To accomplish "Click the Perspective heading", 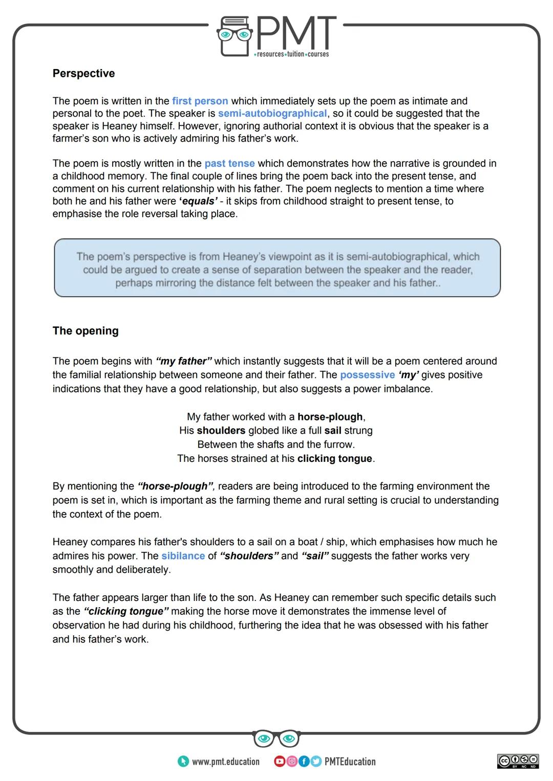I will (83, 73).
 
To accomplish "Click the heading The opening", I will (86, 330).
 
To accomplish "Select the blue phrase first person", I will (200, 101).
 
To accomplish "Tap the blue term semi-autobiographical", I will (272, 114).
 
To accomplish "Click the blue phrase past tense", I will (229, 164).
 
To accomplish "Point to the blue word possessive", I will (367, 375).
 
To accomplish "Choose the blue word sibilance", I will (183, 556).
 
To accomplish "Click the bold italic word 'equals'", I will (198, 201).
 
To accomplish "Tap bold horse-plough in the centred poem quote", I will (330, 417).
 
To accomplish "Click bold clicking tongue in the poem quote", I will (334, 458).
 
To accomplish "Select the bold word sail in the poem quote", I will (333, 431).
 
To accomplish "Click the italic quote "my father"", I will (184, 361).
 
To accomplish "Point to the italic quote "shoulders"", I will (249, 556).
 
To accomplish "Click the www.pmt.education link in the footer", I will (225, 762).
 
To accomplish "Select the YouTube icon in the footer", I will (280, 762).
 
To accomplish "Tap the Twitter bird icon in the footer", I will (315, 762).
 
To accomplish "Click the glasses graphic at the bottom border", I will (276, 738).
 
